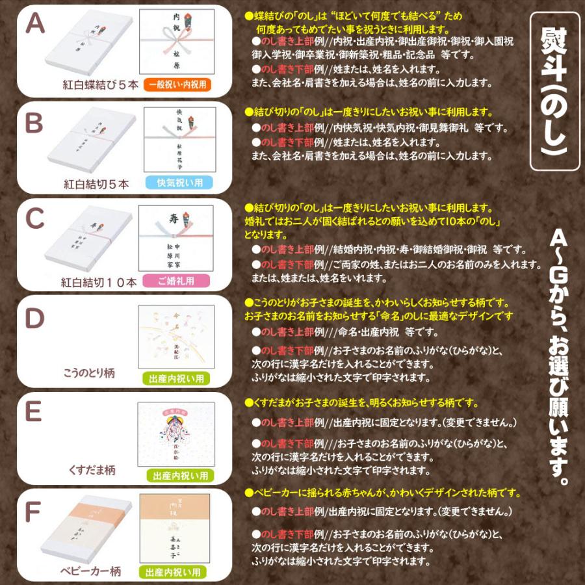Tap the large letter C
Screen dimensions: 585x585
(34, 219)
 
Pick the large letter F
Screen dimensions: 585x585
(32, 512)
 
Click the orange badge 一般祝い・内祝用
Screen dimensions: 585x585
(176, 85)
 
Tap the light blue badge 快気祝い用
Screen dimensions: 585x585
(176, 183)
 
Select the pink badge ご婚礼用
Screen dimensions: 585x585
(176, 281)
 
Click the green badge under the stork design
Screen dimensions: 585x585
(176, 378)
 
